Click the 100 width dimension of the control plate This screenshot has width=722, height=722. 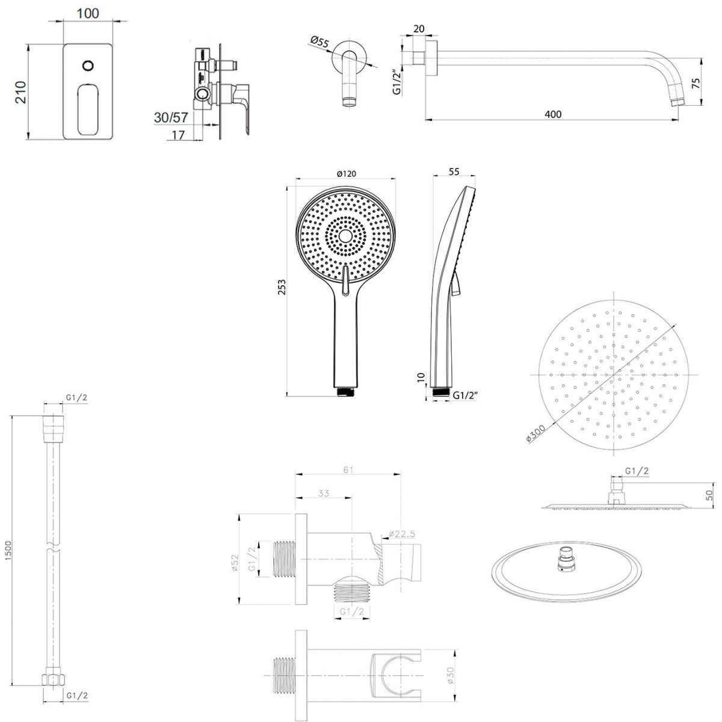tap(88, 13)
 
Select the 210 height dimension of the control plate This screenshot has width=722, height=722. tap(20, 91)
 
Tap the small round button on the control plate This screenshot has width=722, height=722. tap(88, 65)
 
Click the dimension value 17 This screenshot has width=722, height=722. tap(178, 135)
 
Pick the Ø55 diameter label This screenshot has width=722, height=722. tap(319, 42)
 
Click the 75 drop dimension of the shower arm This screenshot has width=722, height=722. tap(712, 82)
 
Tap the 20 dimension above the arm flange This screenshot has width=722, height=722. tap(419, 29)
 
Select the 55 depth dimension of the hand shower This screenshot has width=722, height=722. tap(454, 172)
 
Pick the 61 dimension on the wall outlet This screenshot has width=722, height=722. tap(347, 469)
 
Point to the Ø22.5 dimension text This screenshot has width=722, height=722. tap(402, 534)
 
